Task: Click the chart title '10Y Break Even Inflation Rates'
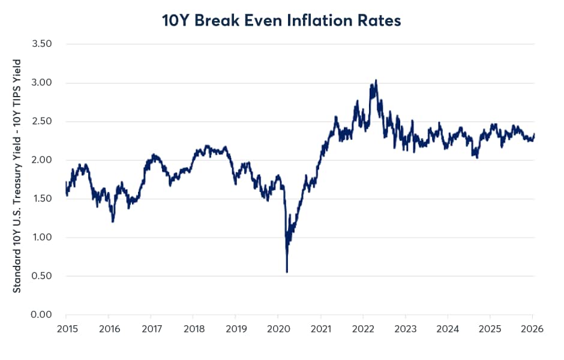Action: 281,20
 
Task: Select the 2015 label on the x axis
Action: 66,329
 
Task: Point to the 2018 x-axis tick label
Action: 193,329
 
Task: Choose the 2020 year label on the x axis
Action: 278,329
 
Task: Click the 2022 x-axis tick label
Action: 362,329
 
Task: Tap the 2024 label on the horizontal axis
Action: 448,329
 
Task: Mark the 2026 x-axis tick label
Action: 532,329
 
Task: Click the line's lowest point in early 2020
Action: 287,271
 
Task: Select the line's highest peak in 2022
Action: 376,80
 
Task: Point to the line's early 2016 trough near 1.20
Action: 113,221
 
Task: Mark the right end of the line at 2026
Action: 533,134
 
